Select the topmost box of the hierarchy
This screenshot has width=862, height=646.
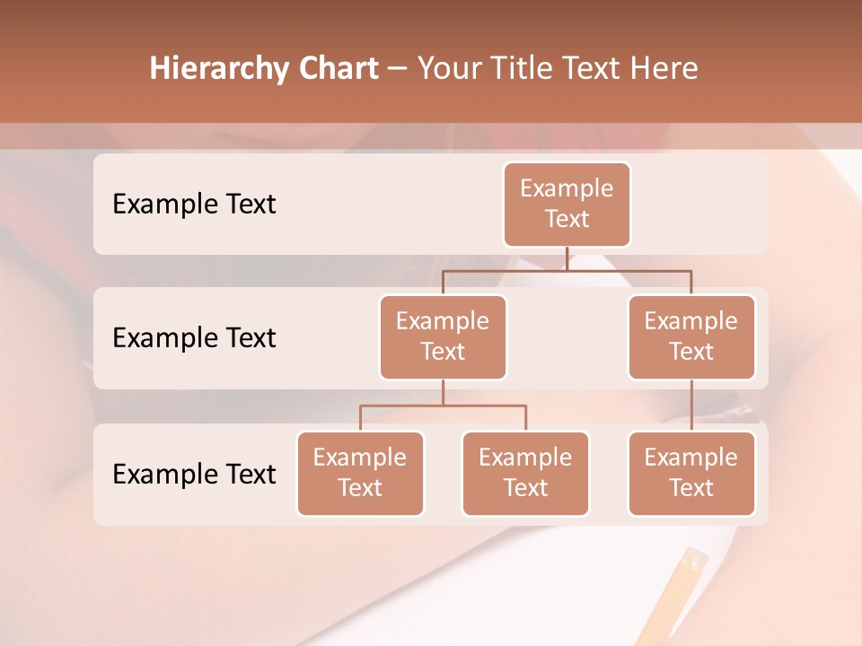tap(567, 204)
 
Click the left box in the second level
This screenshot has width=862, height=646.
tap(443, 336)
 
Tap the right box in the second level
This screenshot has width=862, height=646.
tap(691, 336)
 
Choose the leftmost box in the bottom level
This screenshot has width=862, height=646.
tap(360, 473)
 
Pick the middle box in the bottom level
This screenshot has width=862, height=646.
tap(525, 473)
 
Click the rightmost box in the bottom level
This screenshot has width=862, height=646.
tap(691, 473)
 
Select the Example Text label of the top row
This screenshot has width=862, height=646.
tap(194, 205)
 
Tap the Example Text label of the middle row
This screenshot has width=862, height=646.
tap(194, 338)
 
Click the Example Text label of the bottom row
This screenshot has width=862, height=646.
tap(194, 475)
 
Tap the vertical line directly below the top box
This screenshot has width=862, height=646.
tap(567, 258)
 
